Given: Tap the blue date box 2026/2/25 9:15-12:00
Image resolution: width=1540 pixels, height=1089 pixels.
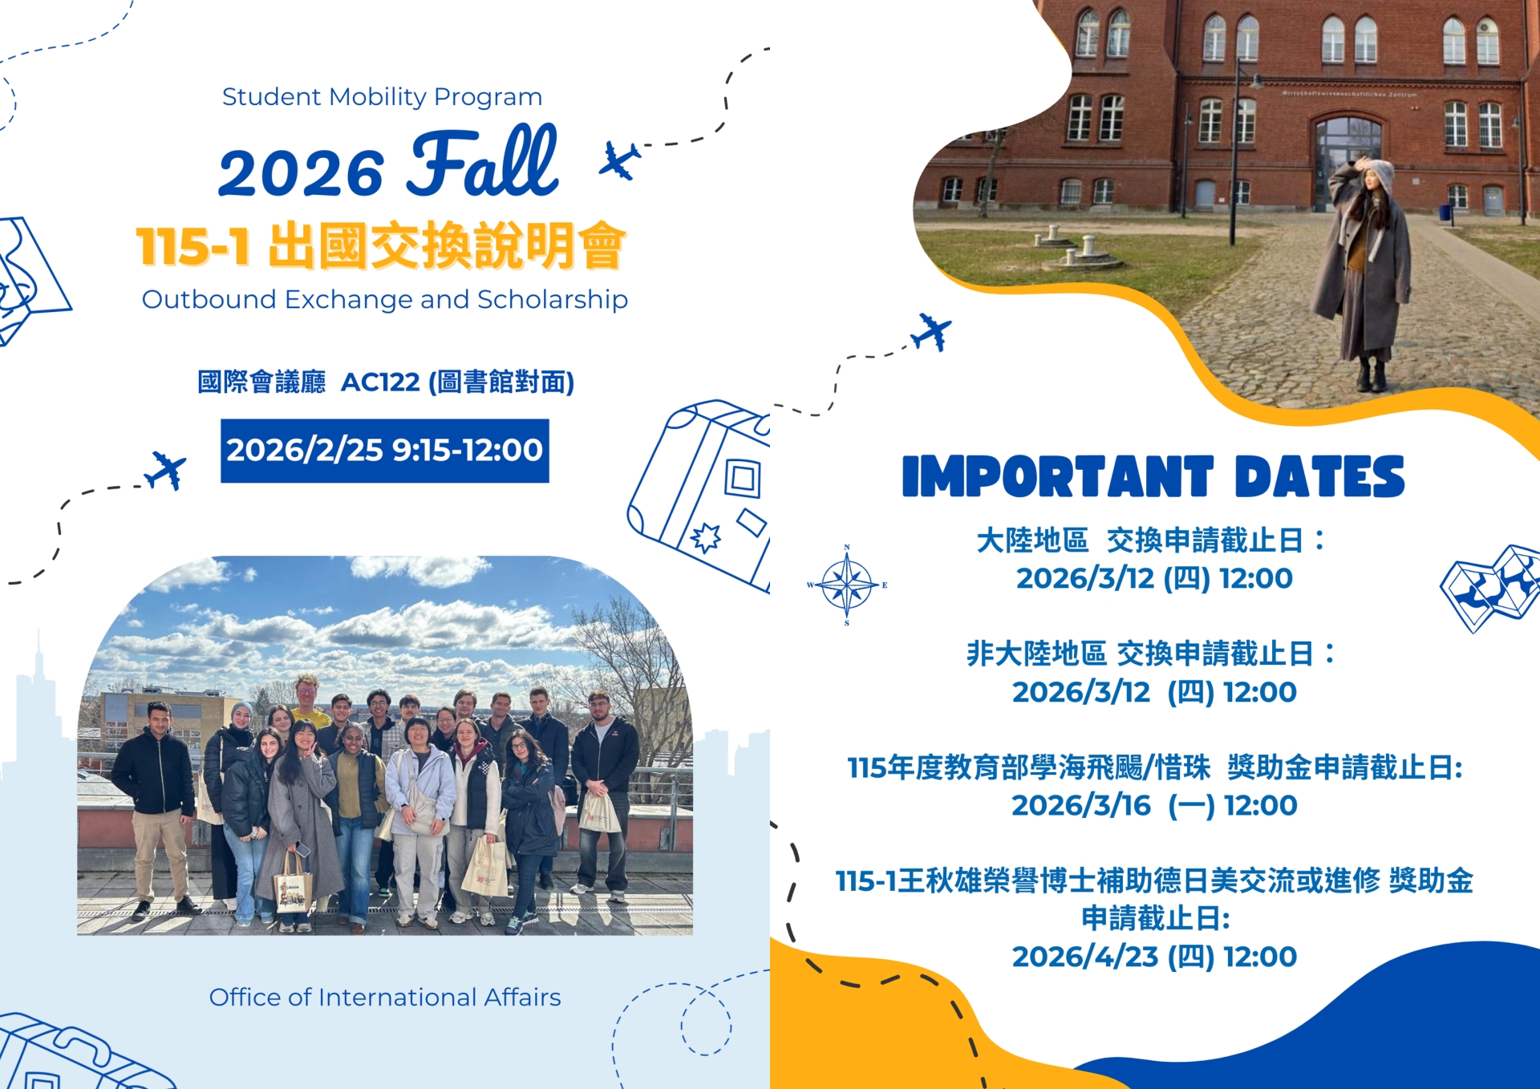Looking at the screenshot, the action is pos(385,451).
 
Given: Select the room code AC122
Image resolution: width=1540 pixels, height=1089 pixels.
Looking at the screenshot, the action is pos(380,382).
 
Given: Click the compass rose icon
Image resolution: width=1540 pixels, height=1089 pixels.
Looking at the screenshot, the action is pos(847,585).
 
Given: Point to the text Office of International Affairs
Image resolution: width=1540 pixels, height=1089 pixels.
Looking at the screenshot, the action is pos(385,997).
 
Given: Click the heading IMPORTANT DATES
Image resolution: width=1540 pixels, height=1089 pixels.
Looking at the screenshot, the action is pos(1153,477).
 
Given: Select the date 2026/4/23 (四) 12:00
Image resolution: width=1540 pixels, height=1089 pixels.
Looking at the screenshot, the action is pos(1154,957).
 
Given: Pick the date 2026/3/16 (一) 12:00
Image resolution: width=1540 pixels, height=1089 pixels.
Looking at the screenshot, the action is pos(1154,805).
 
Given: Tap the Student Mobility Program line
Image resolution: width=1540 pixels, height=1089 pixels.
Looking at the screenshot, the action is pos(383,97).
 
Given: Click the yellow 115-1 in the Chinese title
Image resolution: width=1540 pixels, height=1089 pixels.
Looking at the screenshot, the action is pos(192,246).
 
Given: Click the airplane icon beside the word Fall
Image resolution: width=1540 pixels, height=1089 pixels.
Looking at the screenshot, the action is pos(620,160).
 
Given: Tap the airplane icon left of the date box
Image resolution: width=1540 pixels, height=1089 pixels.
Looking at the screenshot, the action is pos(165,470).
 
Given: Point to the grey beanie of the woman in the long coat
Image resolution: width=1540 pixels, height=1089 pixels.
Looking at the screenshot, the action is pos(1378,172).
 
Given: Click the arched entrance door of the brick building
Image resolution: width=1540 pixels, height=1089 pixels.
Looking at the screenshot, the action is pos(1348,160).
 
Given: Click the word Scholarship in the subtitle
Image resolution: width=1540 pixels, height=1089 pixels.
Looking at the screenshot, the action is pos(553,300).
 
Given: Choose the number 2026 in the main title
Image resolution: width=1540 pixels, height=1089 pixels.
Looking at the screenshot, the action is pos(302,172).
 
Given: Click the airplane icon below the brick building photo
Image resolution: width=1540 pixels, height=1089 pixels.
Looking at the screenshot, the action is pos(931,332).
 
